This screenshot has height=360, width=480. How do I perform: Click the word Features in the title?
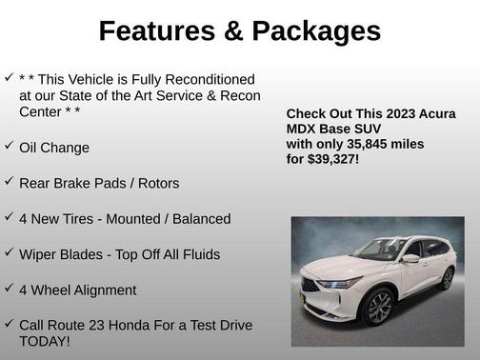tap(155, 31)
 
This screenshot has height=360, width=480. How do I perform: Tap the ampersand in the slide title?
tap(233, 31)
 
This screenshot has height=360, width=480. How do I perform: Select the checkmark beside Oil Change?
tap(9, 146)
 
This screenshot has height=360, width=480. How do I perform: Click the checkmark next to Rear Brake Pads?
tap(9, 181)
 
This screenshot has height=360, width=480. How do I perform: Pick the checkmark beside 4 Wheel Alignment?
tap(9, 288)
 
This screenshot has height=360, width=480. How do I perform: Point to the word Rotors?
tap(156, 183)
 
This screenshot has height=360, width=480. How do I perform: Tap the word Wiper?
tap(39, 254)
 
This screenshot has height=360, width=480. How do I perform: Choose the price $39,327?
tap(333, 159)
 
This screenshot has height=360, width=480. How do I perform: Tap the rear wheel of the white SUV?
tap(447, 280)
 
